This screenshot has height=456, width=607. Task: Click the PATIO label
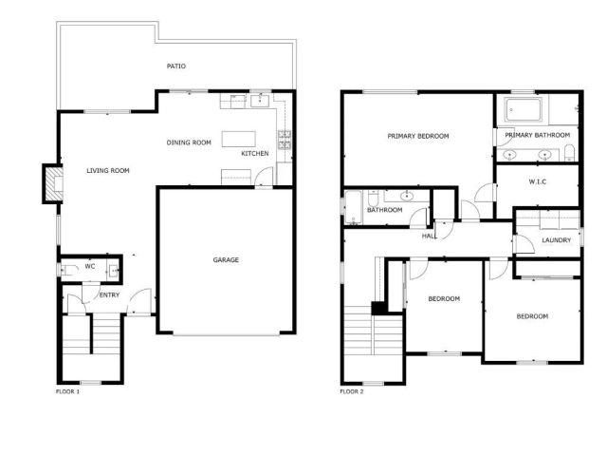pos(175,66)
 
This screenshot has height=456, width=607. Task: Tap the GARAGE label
pos(225,259)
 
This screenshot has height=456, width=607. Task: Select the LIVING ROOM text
pos(107,171)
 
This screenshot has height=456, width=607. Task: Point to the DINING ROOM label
pos(189,142)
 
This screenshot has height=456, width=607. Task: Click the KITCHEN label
pos(254,154)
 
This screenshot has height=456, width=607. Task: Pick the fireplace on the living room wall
pos(47,185)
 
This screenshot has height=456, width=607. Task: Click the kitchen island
pos(239,140)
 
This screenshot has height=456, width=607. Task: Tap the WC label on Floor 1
pos(89,267)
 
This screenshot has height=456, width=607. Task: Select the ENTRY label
pos(110,294)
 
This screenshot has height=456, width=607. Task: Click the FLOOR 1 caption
pos(67,391)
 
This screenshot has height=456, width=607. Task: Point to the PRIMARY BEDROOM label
pos(417,136)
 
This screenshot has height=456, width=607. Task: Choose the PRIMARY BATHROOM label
pos(535,136)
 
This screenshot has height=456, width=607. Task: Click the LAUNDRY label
pos(557,240)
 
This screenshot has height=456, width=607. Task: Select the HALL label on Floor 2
pos(429,237)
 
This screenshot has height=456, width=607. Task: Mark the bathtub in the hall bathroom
pos(354,208)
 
